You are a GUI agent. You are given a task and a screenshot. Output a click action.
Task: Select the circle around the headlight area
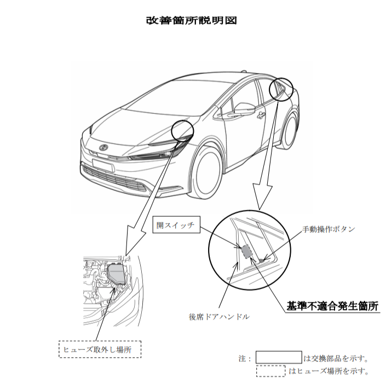click(x=182, y=131)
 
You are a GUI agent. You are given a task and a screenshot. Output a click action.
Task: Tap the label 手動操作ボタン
click(x=329, y=229)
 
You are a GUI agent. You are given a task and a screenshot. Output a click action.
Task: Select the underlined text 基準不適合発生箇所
click(x=333, y=306)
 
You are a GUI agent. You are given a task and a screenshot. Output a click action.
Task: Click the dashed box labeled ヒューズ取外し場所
click(x=100, y=349)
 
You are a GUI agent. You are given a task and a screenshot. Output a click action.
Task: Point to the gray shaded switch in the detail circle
click(x=247, y=251)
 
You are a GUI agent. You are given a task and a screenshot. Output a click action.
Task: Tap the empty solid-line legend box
click(x=279, y=358)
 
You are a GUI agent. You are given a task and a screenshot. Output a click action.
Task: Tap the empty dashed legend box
click(x=270, y=371)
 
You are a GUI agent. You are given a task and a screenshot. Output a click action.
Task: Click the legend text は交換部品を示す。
click(x=336, y=359)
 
